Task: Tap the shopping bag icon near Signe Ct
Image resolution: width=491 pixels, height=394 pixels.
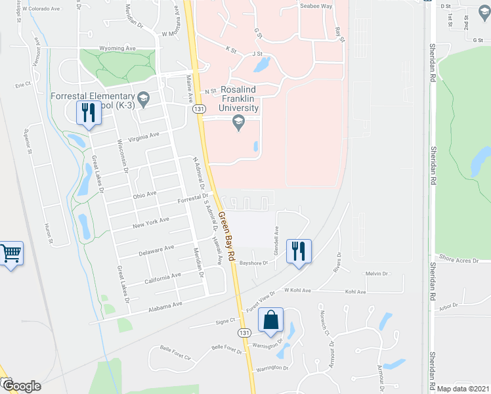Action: [270, 321]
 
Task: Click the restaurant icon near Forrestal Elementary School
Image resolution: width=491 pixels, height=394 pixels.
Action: [87, 113]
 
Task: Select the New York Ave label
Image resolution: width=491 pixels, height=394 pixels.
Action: [150, 221]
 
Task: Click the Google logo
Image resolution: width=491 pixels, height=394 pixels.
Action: [22, 386]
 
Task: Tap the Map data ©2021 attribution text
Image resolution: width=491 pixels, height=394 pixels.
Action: [463, 389]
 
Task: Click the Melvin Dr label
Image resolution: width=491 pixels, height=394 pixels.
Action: [373, 274]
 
